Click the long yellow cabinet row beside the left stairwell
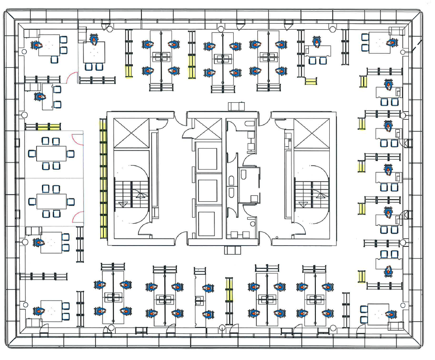tap(103, 178)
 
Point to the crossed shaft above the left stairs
tap(131, 134)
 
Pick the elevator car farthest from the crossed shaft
tap(207, 223)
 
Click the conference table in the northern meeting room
tap(51, 153)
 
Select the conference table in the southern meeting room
tap(51, 201)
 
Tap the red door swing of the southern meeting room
tap(78, 215)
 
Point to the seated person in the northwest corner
tap(36, 45)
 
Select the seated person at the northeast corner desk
tap(392, 43)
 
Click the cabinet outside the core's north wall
tap(237, 106)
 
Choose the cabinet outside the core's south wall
tap(233, 250)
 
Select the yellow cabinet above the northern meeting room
tap(42, 127)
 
